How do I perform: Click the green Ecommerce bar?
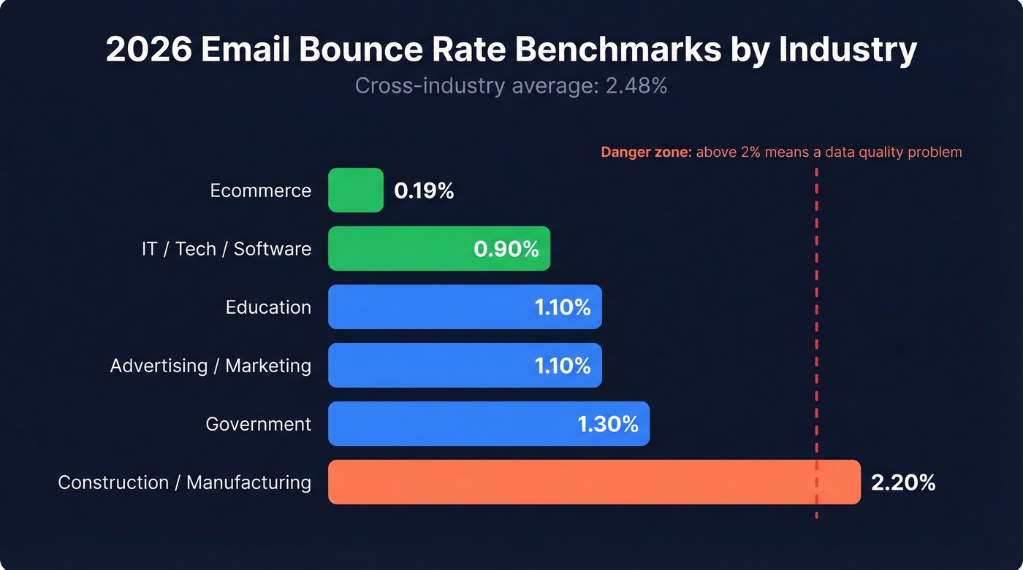[355, 190]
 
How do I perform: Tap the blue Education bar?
[431, 307]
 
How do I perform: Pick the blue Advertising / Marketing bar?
[431, 366]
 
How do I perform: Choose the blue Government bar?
[453, 424]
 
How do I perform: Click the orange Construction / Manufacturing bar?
[570, 482]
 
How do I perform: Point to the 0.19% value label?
[424, 191]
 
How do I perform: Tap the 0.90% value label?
[506, 250]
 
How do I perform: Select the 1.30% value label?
[608, 424]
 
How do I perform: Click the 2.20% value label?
[903, 482]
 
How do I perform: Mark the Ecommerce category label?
[260, 191]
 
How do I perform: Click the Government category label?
[258, 424]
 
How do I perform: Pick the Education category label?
[268, 307]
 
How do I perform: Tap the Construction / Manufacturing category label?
[184, 482]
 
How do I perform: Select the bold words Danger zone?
[645, 153]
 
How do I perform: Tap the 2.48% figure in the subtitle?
[636, 86]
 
